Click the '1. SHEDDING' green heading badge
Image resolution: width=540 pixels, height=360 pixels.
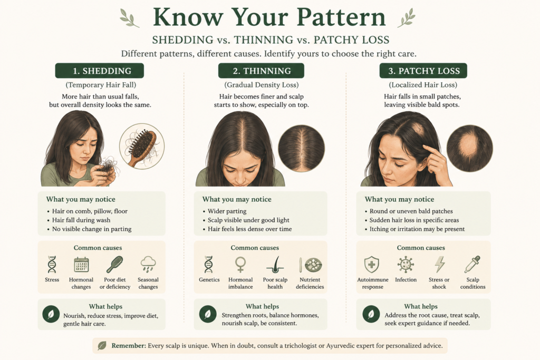(x=99, y=71)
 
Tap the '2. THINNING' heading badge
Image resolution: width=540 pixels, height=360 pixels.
(x=261, y=71)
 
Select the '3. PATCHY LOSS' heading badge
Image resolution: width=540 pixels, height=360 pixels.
(x=423, y=71)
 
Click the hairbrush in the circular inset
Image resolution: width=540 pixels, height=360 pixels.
(x=142, y=147)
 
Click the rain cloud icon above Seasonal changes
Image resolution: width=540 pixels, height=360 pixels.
(x=148, y=264)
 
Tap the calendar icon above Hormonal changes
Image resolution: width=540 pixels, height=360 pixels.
(x=81, y=264)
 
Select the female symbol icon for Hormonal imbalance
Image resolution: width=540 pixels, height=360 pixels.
(x=240, y=264)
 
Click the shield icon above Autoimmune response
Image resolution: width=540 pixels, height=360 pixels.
(x=372, y=264)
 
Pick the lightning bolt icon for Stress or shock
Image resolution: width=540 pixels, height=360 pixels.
(x=439, y=264)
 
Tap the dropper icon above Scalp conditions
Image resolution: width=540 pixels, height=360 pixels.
(x=472, y=264)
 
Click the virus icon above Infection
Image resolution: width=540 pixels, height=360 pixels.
(x=406, y=264)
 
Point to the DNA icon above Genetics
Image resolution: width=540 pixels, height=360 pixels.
(x=209, y=264)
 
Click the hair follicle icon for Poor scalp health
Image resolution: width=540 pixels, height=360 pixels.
(x=275, y=264)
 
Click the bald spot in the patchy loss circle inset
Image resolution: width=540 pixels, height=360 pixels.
(x=468, y=145)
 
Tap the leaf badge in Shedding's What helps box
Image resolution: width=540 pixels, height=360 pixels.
(x=51, y=314)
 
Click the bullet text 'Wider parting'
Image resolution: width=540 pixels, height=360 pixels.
(x=227, y=211)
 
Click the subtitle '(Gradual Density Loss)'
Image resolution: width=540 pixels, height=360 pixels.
(x=262, y=85)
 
